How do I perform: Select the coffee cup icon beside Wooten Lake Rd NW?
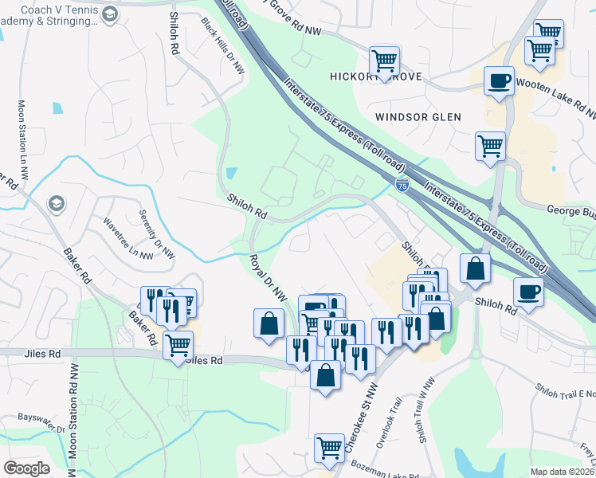tap(499, 80)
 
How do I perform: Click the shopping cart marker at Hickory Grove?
tap(384, 60)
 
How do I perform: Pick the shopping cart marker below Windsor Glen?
tap(490, 146)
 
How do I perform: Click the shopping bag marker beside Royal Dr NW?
tap(269, 323)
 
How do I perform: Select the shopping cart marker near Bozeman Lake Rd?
tap(329, 448)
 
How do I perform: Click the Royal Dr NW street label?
tap(268, 277)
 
